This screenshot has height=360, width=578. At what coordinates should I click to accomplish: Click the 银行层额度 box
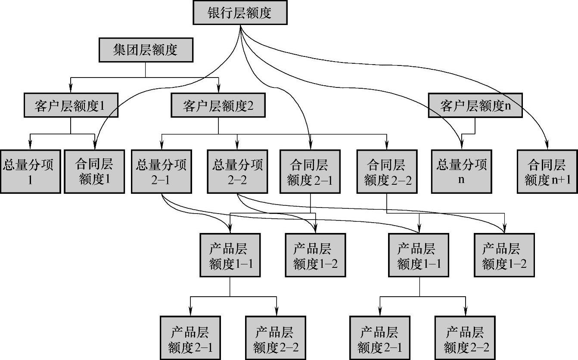239,13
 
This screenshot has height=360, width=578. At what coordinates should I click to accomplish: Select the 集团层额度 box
146,50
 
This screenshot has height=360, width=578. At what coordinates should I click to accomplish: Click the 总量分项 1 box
30,171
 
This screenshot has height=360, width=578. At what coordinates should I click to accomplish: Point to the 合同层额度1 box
94,171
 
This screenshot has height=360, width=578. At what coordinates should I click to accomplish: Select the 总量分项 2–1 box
162,171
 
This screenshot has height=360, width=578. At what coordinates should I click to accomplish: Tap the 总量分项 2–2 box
237,171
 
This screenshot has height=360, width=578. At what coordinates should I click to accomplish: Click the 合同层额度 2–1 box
310,171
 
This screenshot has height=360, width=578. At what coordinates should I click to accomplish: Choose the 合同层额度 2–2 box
387,171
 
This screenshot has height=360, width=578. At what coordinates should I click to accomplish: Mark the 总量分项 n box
461,171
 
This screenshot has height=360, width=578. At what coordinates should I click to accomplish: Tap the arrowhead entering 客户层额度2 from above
218,88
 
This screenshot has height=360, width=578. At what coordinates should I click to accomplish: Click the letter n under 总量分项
461,180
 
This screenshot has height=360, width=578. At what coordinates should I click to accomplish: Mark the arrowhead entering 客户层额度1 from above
70,88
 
